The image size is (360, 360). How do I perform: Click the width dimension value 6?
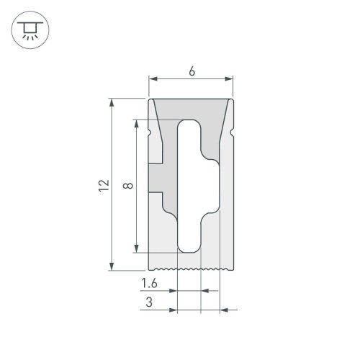[x=192, y=71]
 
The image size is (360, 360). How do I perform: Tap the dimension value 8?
[x=127, y=186]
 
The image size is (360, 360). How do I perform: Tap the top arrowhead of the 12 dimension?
[x=112, y=103]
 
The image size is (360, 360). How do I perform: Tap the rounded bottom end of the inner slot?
[x=190, y=246]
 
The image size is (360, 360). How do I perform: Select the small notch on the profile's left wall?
[x=149, y=133]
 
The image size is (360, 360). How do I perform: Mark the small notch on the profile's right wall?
[x=234, y=133]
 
